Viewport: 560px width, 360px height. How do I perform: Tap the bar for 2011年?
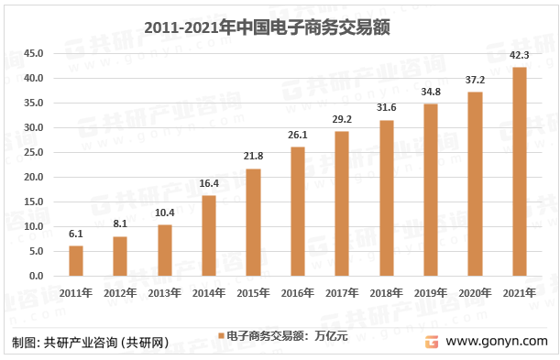coord(76,260)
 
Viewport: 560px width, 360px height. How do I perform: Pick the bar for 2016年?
coord(298,211)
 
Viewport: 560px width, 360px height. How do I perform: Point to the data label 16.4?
coord(209,184)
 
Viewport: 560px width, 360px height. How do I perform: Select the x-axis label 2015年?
coord(253,293)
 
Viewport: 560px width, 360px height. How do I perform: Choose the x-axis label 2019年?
coord(430,293)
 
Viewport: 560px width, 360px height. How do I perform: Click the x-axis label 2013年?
coord(164,293)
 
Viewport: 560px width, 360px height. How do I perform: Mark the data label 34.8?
coord(430,93)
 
